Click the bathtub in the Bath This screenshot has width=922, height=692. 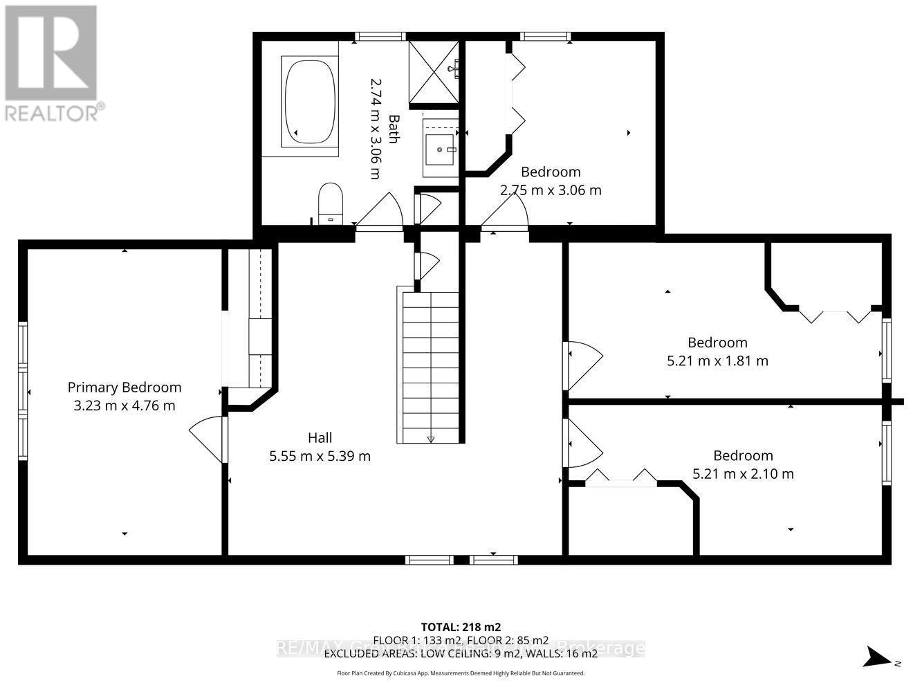click(309, 101)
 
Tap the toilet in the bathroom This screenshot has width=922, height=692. click(331, 203)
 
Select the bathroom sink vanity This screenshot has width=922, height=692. click(441, 147)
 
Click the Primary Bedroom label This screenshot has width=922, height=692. click(125, 388)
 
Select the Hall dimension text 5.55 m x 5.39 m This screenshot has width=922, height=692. click(320, 456)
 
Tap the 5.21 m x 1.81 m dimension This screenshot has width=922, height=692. click(717, 361)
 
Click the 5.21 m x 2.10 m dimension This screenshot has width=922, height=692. click(743, 474)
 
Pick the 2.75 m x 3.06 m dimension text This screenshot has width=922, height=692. click(551, 190)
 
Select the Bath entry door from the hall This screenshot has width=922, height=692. click(379, 210)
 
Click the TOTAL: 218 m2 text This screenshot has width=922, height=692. click(461, 627)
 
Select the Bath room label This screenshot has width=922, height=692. click(393, 129)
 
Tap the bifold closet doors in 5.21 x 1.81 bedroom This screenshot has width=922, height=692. click(836, 317)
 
